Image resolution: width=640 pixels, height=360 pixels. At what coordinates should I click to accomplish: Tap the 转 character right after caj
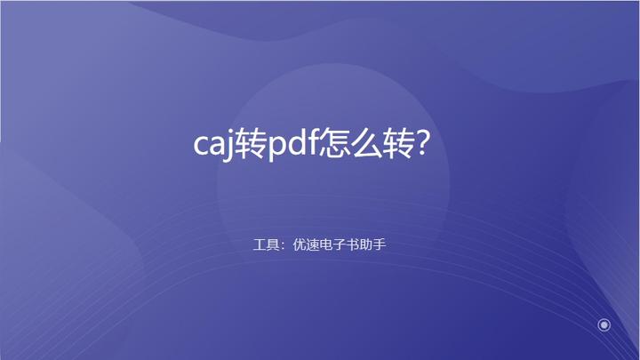(x=252, y=143)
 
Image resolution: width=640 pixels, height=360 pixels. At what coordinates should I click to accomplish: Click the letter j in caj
(x=230, y=147)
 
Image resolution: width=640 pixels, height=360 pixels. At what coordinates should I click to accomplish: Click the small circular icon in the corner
(x=604, y=325)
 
